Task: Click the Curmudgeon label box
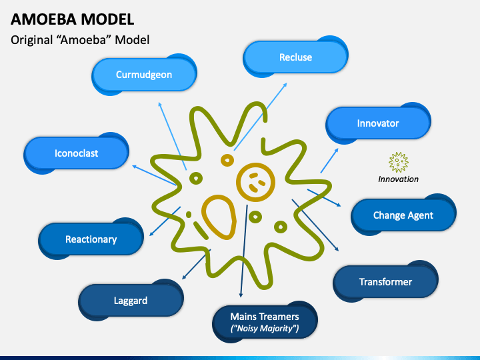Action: pyautogui.click(x=144, y=75)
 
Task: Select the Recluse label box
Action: pyautogui.click(x=295, y=57)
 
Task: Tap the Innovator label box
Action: pyautogui.click(x=377, y=123)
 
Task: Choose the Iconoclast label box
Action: pyautogui.click(x=76, y=153)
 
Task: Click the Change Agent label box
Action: pyautogui.click(x=403, y=215)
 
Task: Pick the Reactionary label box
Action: pyautogui.click(x=91, y=239)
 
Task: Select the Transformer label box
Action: pyautogui.click(x=385, y=282)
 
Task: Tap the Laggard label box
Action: pyautogui.click(x=130, y=301)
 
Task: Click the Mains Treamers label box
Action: pyautogui.click(x=265, y=322)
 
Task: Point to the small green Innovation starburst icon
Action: pyautogui.click(x=398, y=162)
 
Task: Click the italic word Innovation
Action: pyautogui.click(x=398, y=179)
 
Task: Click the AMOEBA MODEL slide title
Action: pyautogui.click(x=72, y=19)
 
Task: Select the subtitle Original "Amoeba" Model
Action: pyautogui.click(x=80, y=40)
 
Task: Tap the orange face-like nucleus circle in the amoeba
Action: pyautogui.click(x=255, y=181)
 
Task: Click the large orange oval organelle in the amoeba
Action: pyautogui.click(x=219, y=216)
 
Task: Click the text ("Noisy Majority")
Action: pyautogui.click(x=265, y=329)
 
